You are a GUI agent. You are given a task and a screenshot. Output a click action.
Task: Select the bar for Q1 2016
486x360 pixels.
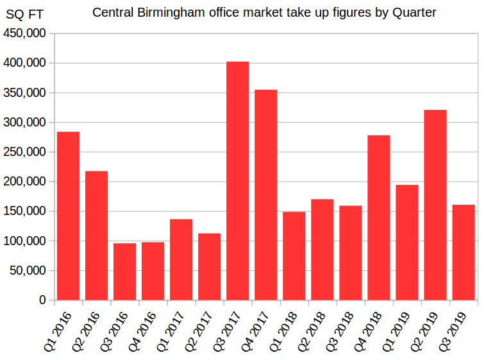point(68,216)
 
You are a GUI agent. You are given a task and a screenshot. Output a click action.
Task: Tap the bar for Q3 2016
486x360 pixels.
point(124,271)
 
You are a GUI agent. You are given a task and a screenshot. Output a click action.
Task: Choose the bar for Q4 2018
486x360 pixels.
point(378,218)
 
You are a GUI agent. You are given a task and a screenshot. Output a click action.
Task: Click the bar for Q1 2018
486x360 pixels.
point(294,255)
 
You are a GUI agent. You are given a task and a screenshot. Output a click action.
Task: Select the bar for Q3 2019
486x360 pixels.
point(463,252)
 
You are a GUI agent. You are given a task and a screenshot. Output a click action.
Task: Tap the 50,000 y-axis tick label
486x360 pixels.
point(28,270)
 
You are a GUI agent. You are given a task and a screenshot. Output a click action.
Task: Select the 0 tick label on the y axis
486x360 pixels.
point(42,300)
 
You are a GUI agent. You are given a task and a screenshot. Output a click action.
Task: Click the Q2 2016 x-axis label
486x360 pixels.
point(87,330)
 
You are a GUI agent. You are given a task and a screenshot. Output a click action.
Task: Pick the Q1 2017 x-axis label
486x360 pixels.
point(171,330)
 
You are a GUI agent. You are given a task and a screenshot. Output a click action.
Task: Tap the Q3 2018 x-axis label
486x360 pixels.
point(340,330)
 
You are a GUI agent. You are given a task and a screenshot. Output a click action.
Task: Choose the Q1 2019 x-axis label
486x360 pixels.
point(397,330)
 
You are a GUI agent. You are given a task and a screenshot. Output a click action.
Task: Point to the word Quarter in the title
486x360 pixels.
point(412,13)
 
